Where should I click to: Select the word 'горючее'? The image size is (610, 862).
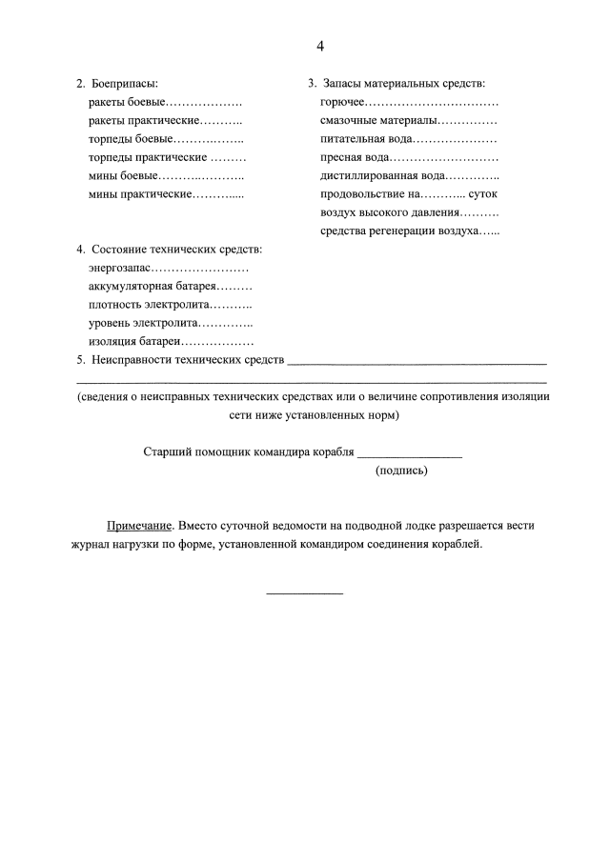point(343,102)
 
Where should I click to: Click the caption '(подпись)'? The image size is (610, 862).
point(401,471)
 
